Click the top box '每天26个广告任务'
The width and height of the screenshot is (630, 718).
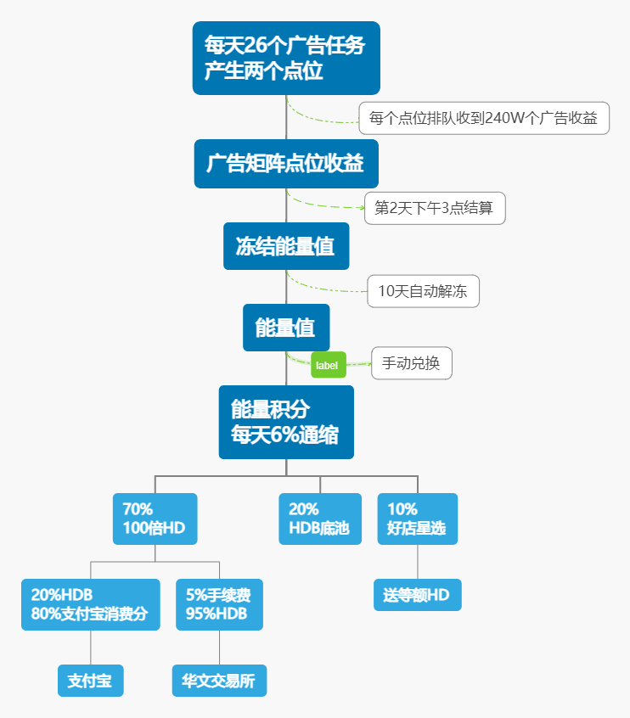coord(285,58)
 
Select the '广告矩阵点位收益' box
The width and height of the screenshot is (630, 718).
coord(285,164)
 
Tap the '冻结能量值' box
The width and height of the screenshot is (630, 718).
coord(285,246)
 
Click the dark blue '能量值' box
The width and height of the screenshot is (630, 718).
coord(285,327)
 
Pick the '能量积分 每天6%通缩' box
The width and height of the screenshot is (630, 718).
coord(285,422)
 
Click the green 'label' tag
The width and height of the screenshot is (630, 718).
coord(328,365)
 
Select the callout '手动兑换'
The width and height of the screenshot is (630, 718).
coord(411,363)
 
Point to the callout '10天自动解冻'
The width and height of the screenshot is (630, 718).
coord(423,291)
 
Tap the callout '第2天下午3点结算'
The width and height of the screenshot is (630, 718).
coord(435,208)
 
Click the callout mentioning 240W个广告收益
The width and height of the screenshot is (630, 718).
coord(483,118)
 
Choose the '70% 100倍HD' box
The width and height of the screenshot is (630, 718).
coord(155,519)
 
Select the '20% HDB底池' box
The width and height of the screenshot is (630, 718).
coord(319,519)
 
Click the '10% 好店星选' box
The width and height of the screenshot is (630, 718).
coord(417,519)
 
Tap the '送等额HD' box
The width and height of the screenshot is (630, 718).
coord(417,595)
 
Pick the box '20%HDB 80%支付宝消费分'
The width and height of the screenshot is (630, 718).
coord(90,604)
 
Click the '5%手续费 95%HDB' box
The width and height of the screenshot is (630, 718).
coord(219,604)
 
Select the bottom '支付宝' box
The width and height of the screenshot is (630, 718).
coord(90,681)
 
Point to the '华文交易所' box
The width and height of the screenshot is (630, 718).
coord(219,681)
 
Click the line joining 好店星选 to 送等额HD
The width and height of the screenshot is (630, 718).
coord(417,562)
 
